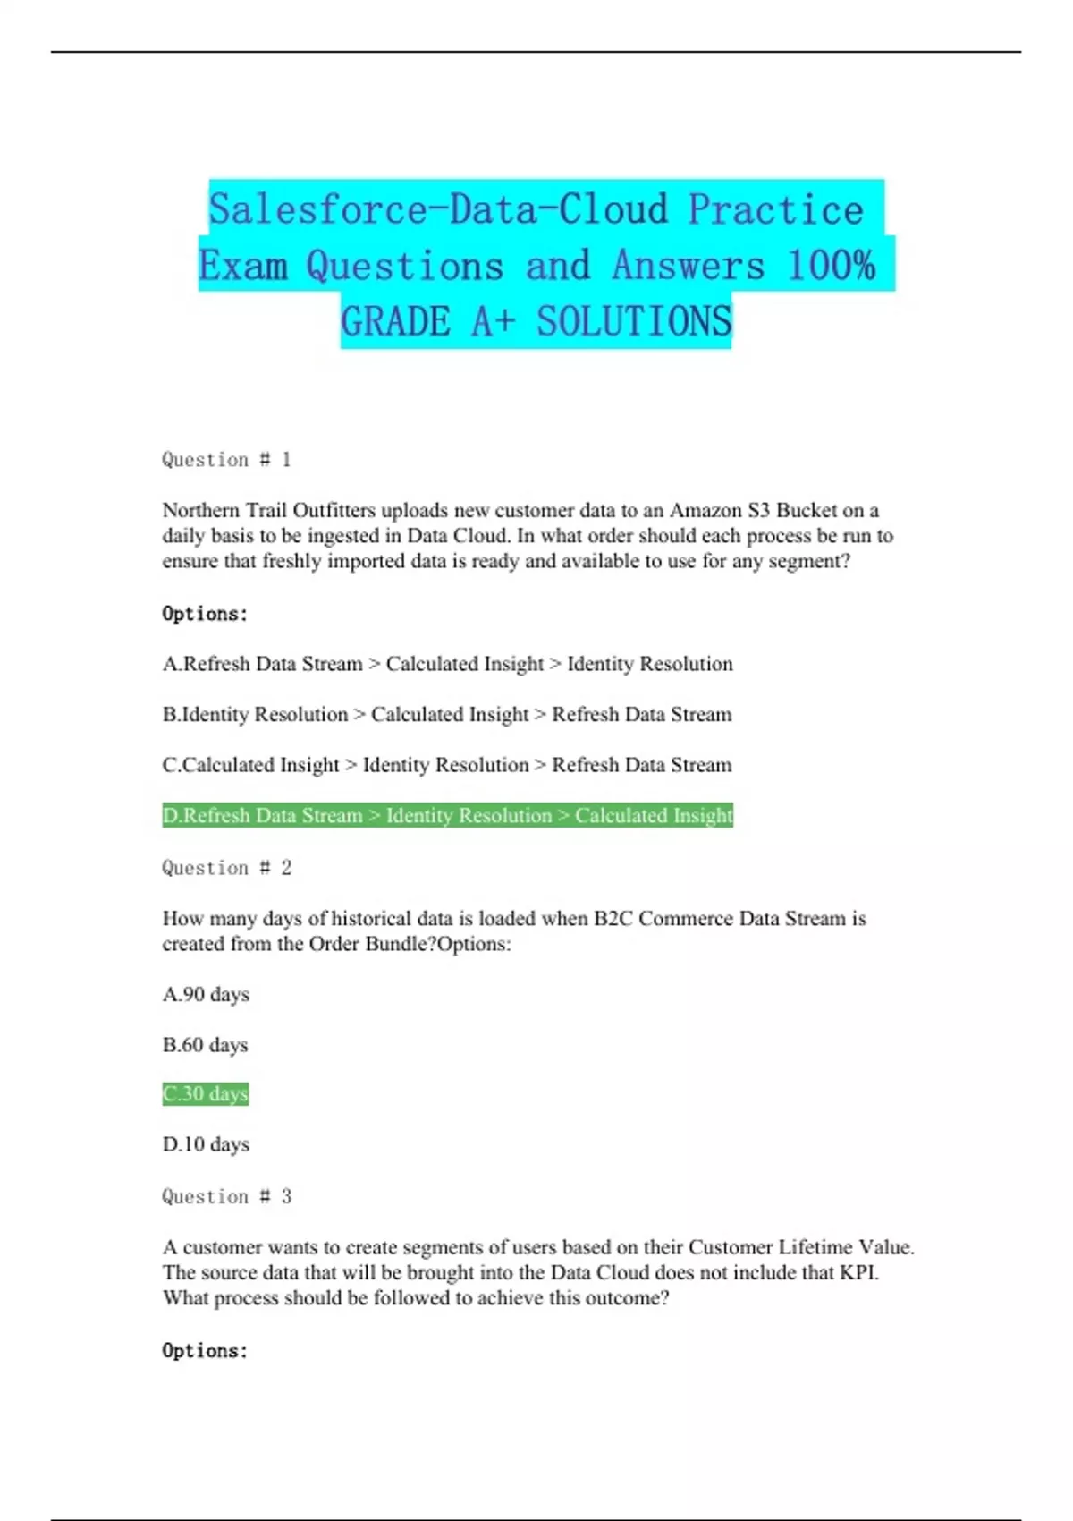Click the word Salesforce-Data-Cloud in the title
coord(438,209)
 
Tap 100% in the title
coord(831,266)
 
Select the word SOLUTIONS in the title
coord(634,322)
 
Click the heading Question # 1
coord(226,460)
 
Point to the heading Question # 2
coord(226,868)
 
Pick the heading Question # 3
coord(226,1197)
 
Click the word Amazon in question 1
coord(705,511)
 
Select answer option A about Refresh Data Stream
coord(447,664)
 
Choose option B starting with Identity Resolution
coord(447,715)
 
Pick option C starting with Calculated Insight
coord(447,765)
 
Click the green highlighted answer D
coord(447,816)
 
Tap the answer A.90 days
coord(206,995)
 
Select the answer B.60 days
coord(205,1045)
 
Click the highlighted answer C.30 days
coord(205,1094)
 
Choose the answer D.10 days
coord(206,1144)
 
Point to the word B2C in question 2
coord(613,919)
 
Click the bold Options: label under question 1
coord(205,614)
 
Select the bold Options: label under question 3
coord(205,1351)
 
